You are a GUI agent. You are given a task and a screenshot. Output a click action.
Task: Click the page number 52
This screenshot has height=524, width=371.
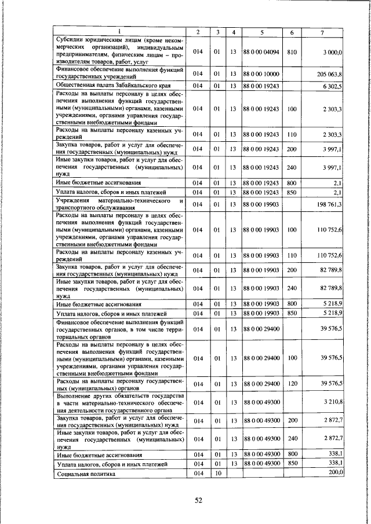(x=198, y=501)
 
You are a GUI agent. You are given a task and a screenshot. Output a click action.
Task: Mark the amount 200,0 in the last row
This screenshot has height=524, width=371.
(x=336, y=472)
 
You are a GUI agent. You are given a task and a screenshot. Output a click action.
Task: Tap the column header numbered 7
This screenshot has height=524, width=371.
(x=322, y=32)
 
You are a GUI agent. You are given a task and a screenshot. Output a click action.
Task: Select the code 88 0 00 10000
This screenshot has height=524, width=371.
(x=261, y=75)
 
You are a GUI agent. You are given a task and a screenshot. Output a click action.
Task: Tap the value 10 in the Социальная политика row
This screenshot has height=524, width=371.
(x=218, y=473)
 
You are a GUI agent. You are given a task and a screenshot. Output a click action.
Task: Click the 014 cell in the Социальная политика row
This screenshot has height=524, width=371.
(x=198, y=473)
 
